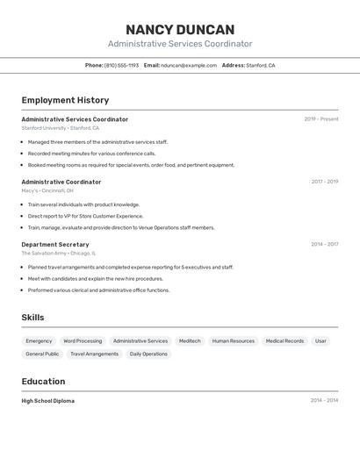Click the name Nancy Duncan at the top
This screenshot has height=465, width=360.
[x=180, y=29]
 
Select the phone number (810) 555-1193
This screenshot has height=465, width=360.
[x=121, y=65]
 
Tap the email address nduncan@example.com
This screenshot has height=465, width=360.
[x=189, y=65]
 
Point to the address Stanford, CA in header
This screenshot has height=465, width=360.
[x=260, y=65]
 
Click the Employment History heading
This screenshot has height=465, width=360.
[x=65, y=100]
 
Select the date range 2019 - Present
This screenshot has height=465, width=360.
[x=321, y=119]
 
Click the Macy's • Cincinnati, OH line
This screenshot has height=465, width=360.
[x=47, y=190]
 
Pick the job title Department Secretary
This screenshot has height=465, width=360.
[x=55, y=245]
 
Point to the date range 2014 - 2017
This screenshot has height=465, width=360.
[x=324, y=245]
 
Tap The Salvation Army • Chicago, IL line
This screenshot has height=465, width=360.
[x=59, y=254]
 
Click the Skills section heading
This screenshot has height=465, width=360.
[x=32, y=318]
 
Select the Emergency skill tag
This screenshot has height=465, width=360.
[x=39, y=341]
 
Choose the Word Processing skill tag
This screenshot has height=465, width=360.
[x=83, y=341]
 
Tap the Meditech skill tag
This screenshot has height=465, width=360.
[x=190, y=341]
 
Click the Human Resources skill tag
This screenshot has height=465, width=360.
[x=234, y=341]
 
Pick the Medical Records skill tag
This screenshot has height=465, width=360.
[x=284, y=341]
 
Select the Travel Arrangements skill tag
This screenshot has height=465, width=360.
[x=94, y=354]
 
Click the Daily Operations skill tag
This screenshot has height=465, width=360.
[x=148, y=354]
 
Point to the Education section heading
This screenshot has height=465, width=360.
[x=43, y=382]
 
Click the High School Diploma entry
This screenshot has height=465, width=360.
[x=48, y=401]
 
